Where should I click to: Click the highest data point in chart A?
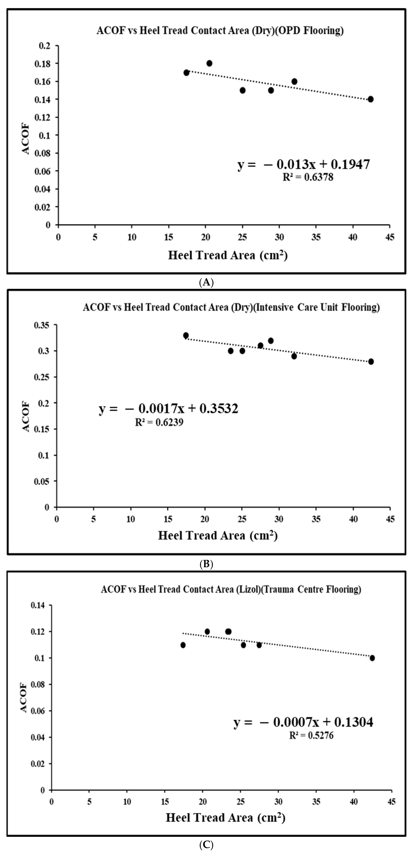click(x=209, y=63)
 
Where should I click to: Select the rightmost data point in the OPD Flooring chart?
click(x=371, y=99)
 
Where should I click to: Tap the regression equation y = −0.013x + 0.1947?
click(x=304, y=164)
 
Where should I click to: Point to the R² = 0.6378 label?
click(x=308, y=177)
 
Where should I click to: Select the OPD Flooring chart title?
click(x=220, y=30)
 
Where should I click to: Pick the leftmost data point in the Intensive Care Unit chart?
click(x=186, y=335)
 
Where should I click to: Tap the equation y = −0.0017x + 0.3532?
click(x=169, y=409)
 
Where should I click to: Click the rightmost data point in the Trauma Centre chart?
click(x=372, y=658)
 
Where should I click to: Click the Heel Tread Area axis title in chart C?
click(x=225, y=817)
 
